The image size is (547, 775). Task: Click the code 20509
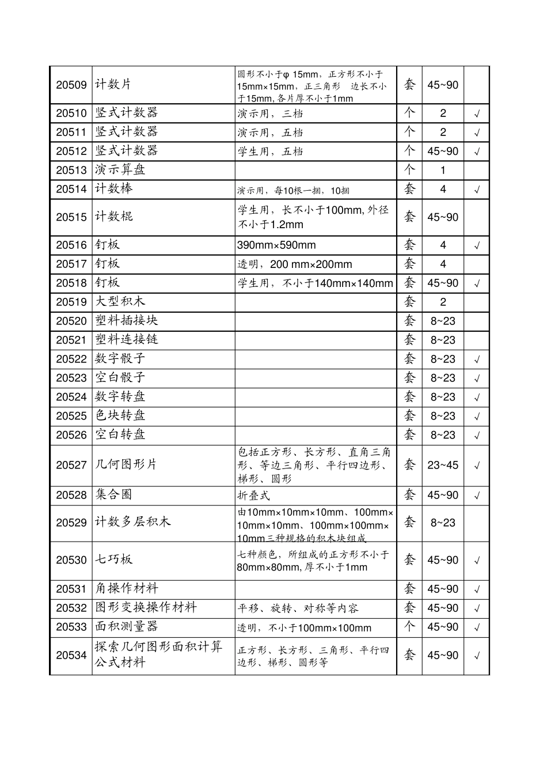[71, 85]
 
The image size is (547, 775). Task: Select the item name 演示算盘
[120, 170]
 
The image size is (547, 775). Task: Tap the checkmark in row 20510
[477, 114]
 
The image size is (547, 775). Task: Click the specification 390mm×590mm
[276, 245]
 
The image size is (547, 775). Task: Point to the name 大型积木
[120, 302]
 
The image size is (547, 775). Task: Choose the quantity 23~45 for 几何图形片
[443, 465]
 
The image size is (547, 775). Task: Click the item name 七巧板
[114, 559]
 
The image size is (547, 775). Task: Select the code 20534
[71, 655]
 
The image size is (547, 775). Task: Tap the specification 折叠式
[254, 496]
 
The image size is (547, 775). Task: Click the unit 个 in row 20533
[409, 627]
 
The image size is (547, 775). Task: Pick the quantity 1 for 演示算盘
[443, 171]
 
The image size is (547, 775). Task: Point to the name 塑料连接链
[127, 340]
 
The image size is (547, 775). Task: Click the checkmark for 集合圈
[477, 496]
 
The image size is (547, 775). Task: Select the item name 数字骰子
[120, 359]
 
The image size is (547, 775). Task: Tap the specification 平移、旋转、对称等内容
[298, 608]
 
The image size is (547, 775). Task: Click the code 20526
[71, 435]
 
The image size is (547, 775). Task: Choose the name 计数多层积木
[133, 523]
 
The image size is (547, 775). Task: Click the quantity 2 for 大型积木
[443, 302]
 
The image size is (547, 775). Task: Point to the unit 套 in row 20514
[409, 189]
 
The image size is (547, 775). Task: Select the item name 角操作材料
[127, 589]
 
